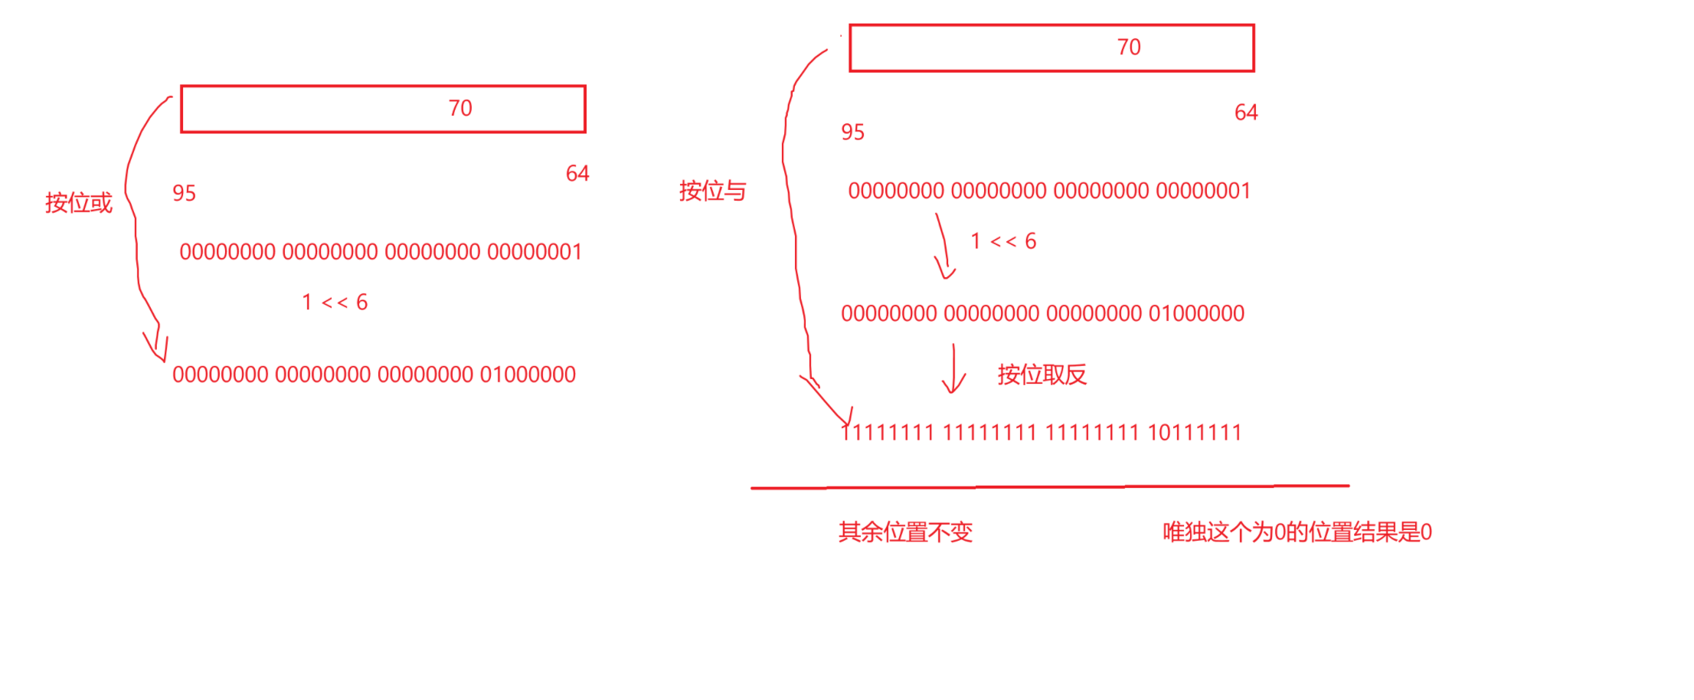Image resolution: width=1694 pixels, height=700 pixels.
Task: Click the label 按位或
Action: click(78, 203)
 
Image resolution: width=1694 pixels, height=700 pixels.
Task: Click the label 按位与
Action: click(712, 191)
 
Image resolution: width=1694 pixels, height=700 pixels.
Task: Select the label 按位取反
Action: click(1042, 375)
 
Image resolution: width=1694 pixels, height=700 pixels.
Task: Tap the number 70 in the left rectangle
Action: click(460, 108)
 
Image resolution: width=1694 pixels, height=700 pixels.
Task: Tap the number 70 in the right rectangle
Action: click(1129, 47)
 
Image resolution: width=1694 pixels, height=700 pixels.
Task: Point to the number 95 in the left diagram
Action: click(184, 193)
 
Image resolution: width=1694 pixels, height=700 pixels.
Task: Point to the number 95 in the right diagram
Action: click(852, 132)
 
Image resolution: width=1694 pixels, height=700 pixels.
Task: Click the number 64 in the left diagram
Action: click(577, 174)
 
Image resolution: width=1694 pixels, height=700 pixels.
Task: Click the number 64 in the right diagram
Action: click(1246, 113)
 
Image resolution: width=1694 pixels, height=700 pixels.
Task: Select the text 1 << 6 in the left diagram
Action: click(335, 303)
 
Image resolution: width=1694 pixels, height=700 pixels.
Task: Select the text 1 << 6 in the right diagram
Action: click(1003, 241)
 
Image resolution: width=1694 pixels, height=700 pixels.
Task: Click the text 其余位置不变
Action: click(905, 532)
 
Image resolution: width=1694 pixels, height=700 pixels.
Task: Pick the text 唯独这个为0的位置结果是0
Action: click(1297, 532)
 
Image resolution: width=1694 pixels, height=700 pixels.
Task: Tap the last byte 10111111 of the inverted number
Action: click(1195, 433)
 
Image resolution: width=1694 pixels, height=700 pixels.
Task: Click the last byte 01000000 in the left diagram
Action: click(528, 375)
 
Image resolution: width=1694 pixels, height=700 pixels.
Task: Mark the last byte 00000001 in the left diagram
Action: click(535, 252)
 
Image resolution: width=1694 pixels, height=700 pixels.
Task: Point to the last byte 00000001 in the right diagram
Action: click(1203, 191)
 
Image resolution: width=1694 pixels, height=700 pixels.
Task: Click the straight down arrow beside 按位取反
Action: click(953, 369)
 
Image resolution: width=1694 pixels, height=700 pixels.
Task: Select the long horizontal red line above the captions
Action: click(1049, 487)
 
